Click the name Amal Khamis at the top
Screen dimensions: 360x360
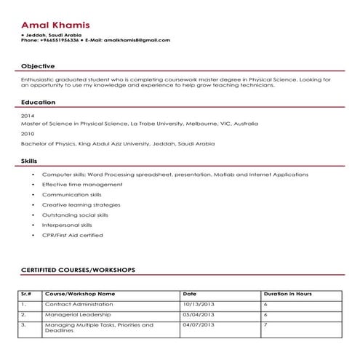[x=56, y=25]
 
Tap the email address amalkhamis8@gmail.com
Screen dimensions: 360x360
[x=138, y=40]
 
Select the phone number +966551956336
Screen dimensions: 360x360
[x=57, y=40]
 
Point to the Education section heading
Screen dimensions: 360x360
[x=37, y=103]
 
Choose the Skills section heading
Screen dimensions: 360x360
[x=29, y=160]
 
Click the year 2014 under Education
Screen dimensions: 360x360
[x=28, y=116]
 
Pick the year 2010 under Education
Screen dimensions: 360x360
[x=28, y=135]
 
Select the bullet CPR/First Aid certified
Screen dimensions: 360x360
[x=72, y=235]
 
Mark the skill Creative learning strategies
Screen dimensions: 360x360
[x=81, y=205]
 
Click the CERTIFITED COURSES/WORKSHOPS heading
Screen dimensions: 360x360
[x=78, y=270]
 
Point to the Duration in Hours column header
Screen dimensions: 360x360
[x=287, y=294]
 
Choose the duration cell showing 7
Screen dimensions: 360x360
[x=265, y=324]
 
